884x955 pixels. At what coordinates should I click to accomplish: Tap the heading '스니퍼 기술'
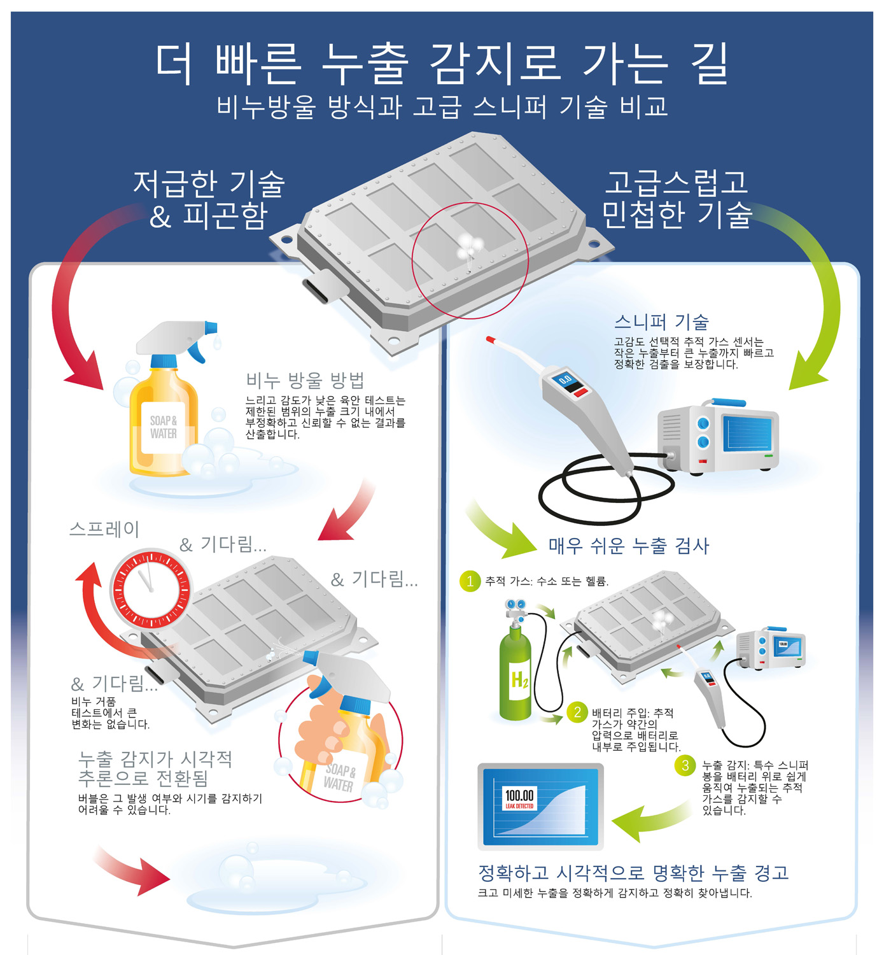(661, 322)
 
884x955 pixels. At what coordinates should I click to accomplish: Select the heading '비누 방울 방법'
(305, 381)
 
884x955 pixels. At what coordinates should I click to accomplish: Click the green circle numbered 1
(470, 581)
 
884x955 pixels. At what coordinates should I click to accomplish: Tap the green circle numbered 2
(577, 712)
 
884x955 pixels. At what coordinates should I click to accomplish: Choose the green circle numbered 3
(685, 765)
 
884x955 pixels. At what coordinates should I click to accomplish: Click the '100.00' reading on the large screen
(519, 795)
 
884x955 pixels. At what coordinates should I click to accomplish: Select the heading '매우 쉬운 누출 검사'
(628, 546)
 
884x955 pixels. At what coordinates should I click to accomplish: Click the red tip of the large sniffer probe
(491, 340)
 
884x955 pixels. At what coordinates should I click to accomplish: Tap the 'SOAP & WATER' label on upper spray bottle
(163, 427)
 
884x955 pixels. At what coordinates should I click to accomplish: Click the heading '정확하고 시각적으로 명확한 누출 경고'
(633, 872)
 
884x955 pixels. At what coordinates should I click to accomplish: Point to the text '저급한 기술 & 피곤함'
(208, 199)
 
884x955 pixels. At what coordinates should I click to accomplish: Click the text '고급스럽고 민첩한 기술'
(677, 199)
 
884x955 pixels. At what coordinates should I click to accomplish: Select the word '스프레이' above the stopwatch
(104, 529)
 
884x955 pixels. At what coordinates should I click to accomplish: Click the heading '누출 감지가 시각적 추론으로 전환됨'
(155, 768)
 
